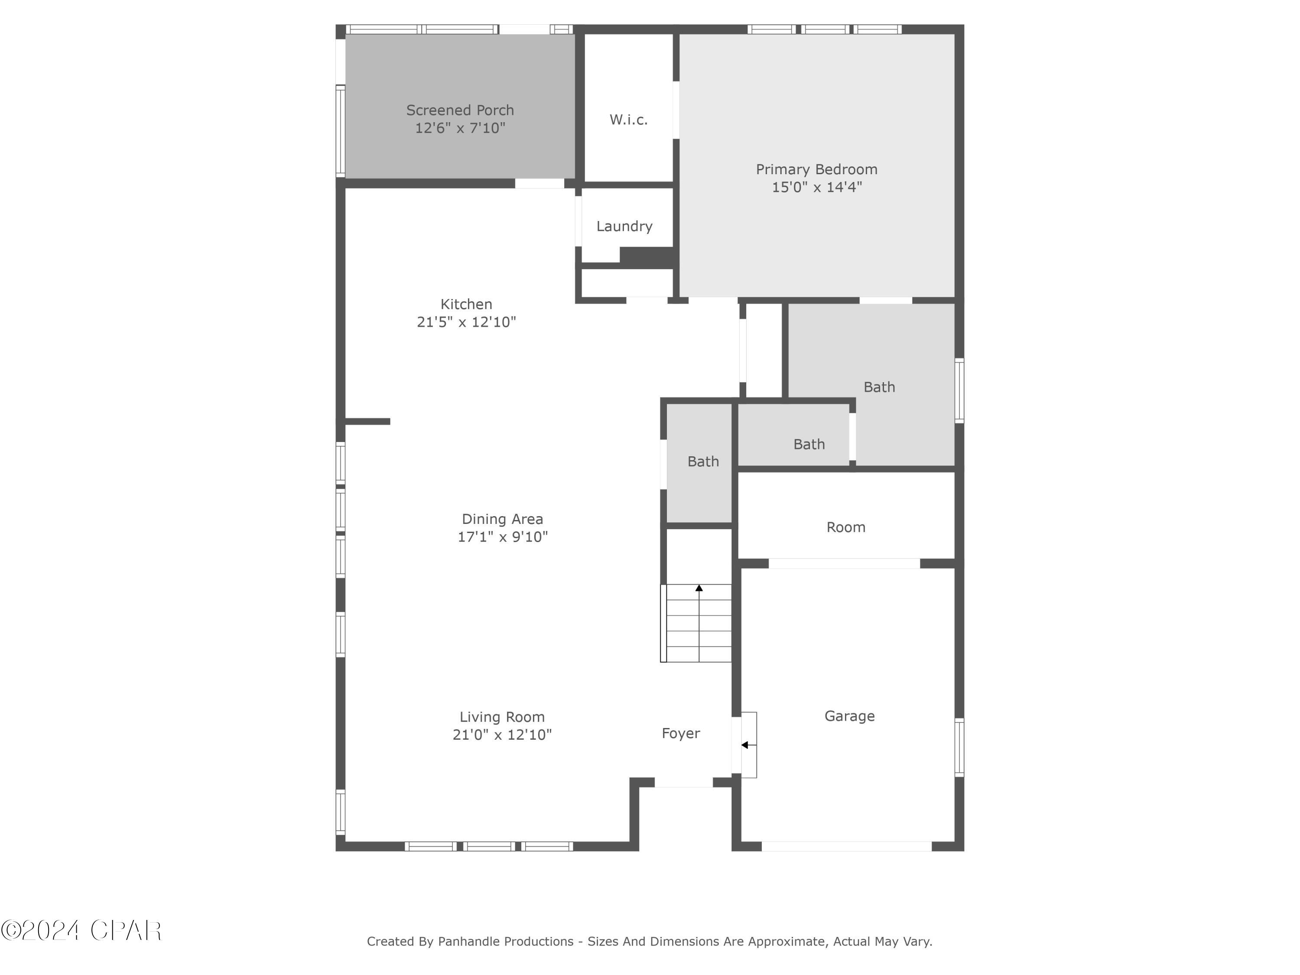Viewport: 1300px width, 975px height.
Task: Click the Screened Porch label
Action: [x=460, y=110]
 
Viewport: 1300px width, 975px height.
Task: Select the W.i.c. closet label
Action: [x=628, y=120]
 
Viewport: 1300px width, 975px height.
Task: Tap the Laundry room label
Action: [x=624, y=226]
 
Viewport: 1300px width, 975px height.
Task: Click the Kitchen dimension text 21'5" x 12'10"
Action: [x=466, y=322]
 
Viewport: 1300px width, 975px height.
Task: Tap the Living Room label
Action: [x=502, y=717]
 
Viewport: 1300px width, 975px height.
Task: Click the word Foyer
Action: [x=681, y=734]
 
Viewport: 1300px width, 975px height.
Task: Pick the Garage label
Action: [x=849, y=716]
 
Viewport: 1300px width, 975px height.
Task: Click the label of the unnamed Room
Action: [x=846, y=527]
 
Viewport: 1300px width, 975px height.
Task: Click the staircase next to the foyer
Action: [x=697, y=629]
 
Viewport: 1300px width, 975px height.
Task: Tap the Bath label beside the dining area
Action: [x=703, y=462]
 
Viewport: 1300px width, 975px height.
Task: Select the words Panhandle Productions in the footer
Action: [x=505, y=942]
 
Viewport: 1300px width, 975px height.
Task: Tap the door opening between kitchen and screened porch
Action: [x=539, y=183]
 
